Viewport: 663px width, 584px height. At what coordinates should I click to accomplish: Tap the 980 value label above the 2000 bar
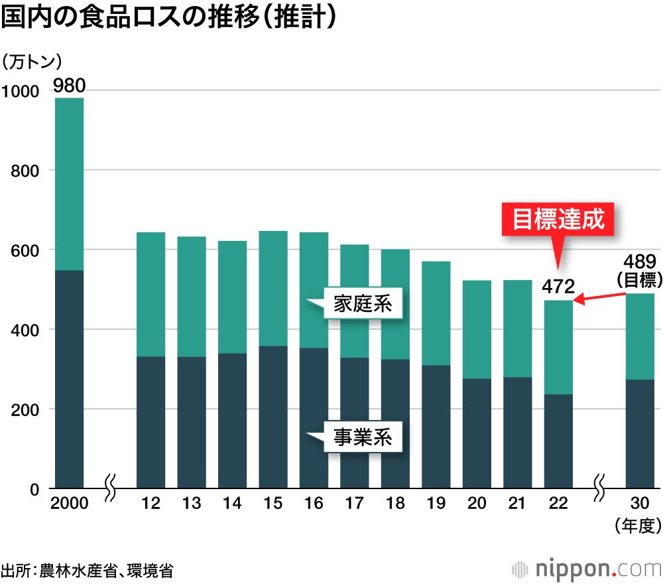pyautogui.click(x=69, y=86)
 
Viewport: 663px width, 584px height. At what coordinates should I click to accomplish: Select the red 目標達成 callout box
pyautogui.click(x=558, y=219)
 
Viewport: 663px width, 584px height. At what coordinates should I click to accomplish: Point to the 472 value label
pyautogui.click(x=558, y=287)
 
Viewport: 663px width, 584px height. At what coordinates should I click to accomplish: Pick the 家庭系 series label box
pyautogui.click(x=363, y=305)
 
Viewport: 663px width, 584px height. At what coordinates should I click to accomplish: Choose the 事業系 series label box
pyautogui.click(x=363, y=437)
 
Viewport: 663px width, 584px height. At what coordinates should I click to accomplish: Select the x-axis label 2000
pyautogui.click(x=69, y=504)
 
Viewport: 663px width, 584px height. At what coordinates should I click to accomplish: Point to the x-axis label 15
pyautogui.click(x=273, y=504)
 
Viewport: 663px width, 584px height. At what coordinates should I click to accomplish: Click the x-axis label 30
pyautogui.click(x=640, y=504)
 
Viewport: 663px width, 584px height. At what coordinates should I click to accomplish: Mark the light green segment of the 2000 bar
pyautogui.click(x=69, y=184)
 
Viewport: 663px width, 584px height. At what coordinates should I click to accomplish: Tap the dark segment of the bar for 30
pyautogui.click(x=640, y=434)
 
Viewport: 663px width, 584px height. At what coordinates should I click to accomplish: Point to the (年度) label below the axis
pyautogui.click(x=638, y=526)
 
